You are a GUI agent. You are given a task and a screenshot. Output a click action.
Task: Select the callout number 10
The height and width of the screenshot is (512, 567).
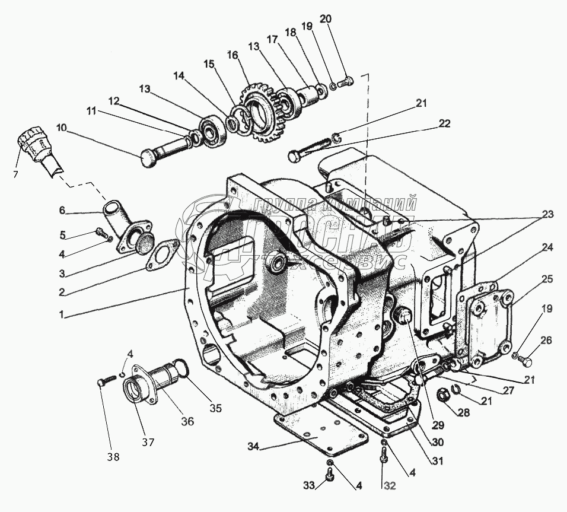pos(62,127)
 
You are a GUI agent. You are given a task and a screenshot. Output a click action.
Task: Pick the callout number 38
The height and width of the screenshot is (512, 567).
pos(113,457)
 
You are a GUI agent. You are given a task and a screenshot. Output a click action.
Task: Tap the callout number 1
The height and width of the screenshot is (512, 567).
pos(61,314)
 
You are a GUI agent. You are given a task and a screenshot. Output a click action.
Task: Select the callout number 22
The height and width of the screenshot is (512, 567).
pos(445,123)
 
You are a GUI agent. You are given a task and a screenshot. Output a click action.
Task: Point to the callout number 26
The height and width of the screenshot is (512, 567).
pos(546,340)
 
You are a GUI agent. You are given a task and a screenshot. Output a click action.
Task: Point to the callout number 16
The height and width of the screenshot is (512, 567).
pos(232,55)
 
